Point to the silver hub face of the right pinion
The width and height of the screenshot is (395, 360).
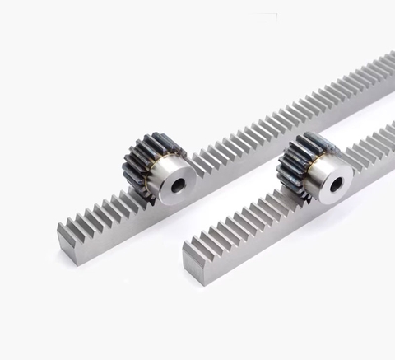click(323, 175)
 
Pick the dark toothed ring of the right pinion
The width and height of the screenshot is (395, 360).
click(295, 164)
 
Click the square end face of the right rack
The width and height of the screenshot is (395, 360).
click(193, 265)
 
